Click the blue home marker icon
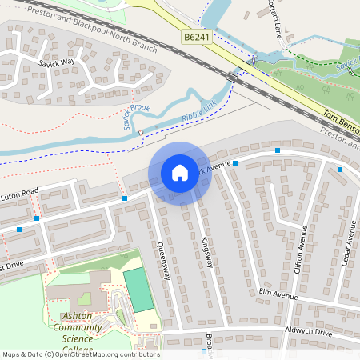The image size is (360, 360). click(x=179, y=172)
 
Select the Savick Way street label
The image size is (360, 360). click(x=56, y=62)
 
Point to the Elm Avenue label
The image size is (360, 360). click(x=279, y=294)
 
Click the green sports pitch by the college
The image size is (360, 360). click(x=138, y=290)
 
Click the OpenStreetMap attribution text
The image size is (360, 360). click(x=80, y=354)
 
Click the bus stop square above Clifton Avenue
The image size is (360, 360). click(x=278, y=150)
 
